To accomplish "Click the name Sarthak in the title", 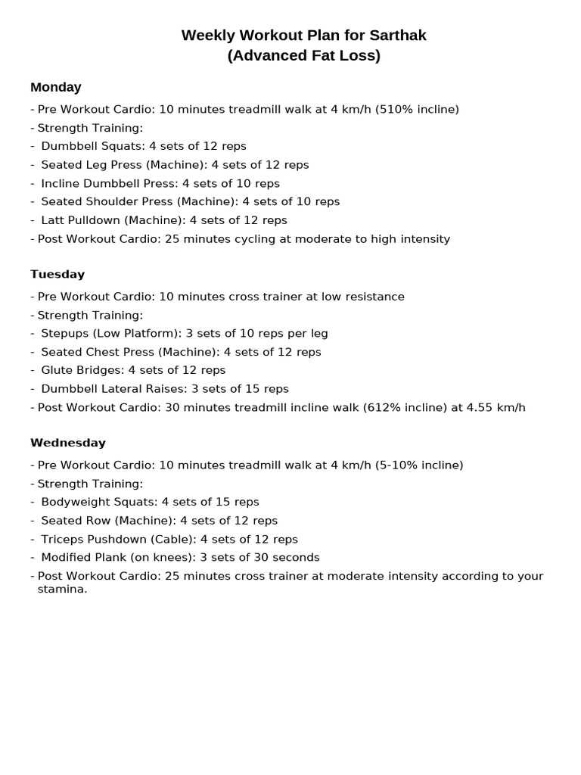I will tap(397, 36).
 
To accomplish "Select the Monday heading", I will tap(55, 87).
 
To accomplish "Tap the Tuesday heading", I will tap(57, 274).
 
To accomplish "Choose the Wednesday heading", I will tap(68, 443).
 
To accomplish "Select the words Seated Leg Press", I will tap(92, 165).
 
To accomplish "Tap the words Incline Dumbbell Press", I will tap(109, 183).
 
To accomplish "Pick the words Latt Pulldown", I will tap(81, 220).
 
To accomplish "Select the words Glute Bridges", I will tap(82, 370).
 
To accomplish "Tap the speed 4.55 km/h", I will tap(496, 407).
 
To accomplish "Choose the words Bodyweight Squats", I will tap(98, 502).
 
